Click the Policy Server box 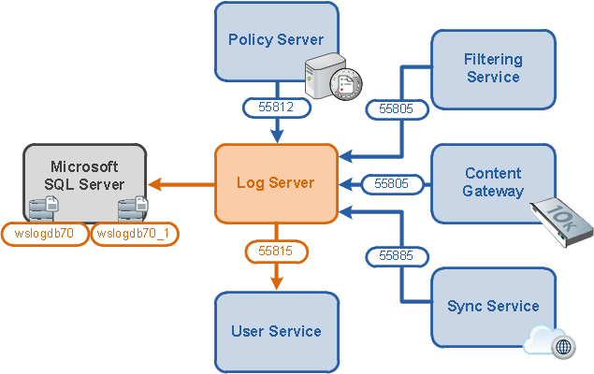click(277, 42)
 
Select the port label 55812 click(277, 108)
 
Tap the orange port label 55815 click(276, 251)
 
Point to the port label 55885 click(397, 256)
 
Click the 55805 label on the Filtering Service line click(397, 109)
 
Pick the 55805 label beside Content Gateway click(392, 184)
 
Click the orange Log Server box click(276, 183)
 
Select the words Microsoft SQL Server click(84, 175)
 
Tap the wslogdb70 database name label click(45, 234)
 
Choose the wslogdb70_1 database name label click(134, 234)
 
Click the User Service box click(277, 332)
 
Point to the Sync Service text click(493, 306)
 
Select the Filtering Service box click(493, 69)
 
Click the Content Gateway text click(493, 182)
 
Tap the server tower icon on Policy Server click(325, 76)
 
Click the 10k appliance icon click(562, 223)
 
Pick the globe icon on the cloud click(563, 346)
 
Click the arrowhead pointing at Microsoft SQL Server click(155, 184)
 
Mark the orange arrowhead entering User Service click(277, 283)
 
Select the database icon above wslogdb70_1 click(133, 209)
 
